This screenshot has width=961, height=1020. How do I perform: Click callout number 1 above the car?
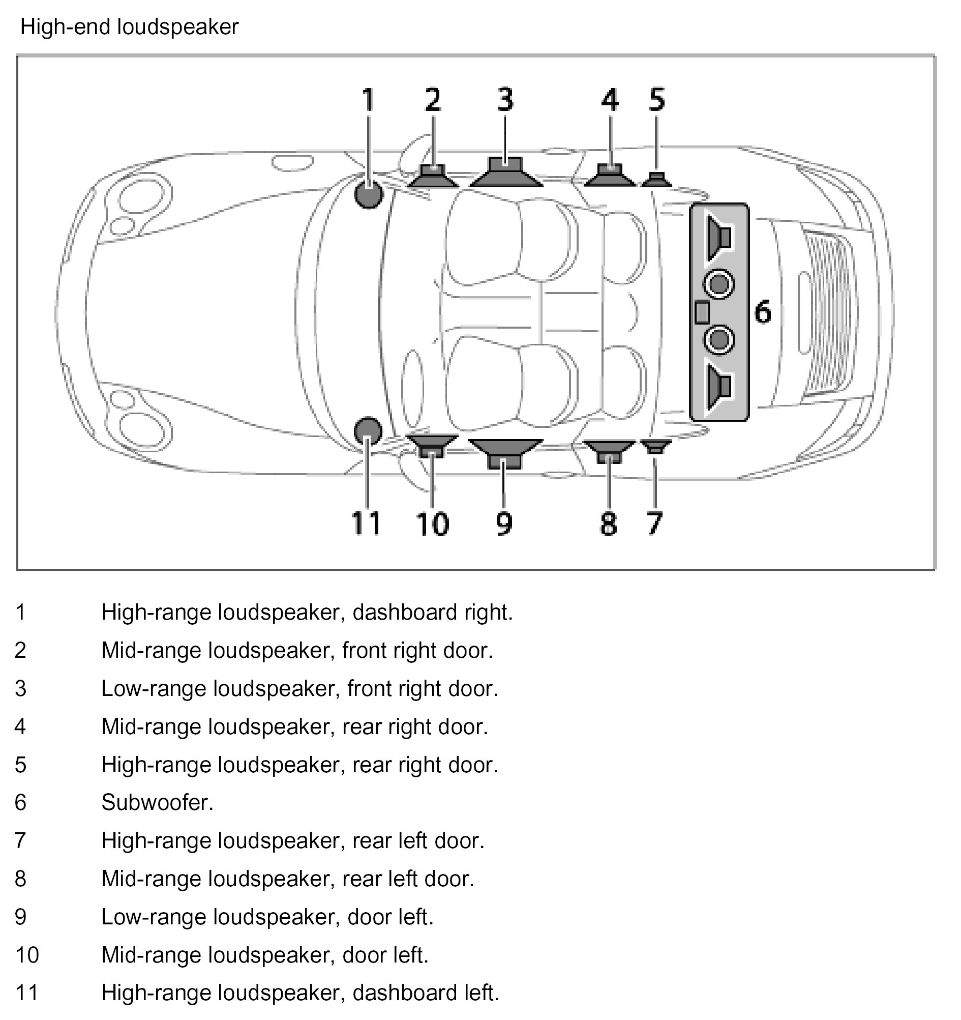point(368,100)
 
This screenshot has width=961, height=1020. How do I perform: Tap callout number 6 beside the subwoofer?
point(763,312)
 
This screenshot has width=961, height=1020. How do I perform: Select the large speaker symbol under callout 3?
point(505,173)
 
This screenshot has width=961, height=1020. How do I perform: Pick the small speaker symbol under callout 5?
point(656,180)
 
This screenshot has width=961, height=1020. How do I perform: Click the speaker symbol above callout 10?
point(432,445)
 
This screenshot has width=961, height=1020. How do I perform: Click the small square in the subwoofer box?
point(702,312)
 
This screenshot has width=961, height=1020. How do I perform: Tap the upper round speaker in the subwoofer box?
point(719,284)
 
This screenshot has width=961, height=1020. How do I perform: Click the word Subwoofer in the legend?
point(157,802)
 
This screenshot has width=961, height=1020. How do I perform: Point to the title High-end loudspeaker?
point(129,26)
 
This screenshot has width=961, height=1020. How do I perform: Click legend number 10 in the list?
point(27,955)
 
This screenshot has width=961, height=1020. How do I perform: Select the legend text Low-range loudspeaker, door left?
point(267,917)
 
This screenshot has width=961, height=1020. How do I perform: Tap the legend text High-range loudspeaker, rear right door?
point(299,765)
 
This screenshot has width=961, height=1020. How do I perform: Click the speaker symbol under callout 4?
point(610,175)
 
